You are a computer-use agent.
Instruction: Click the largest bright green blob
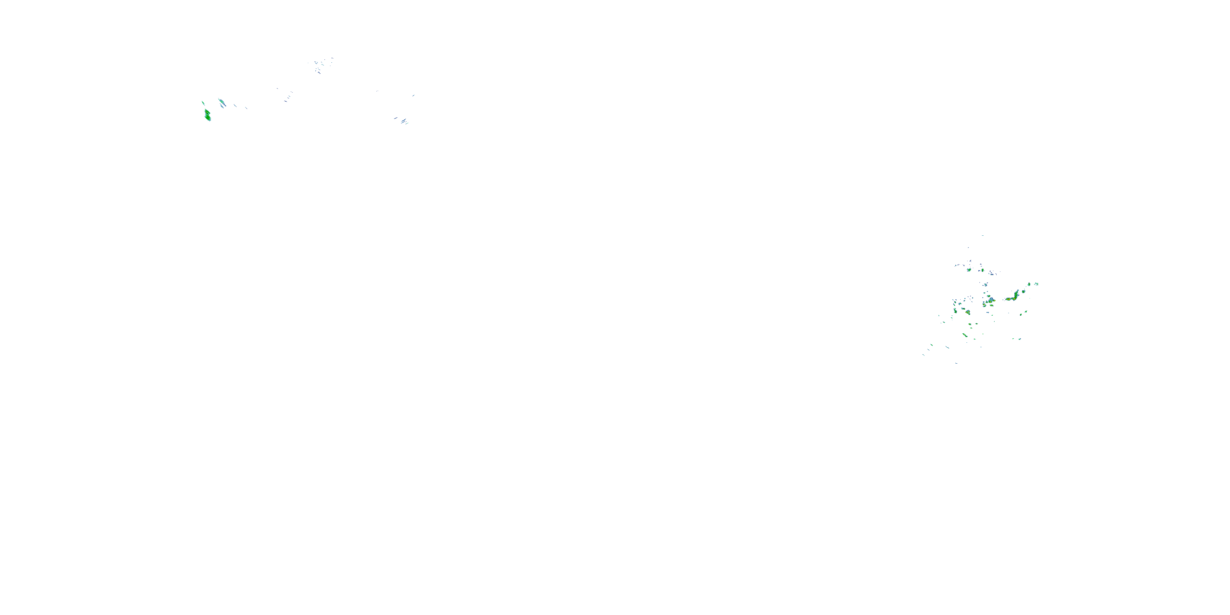pos(207,115)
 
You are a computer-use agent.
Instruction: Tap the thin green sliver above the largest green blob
pos(203,102)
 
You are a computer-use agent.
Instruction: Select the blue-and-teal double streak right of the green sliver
pos(221,102)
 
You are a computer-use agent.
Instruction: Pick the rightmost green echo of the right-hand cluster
pos(1036,284)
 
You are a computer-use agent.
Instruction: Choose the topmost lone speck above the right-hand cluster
pos(983,235)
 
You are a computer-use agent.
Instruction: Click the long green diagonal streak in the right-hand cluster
pos(964,336)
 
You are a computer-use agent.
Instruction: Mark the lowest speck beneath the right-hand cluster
pos(956,363)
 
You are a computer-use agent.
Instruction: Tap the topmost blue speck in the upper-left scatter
pos(331,59)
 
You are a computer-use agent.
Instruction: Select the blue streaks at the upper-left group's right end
pos(403,121)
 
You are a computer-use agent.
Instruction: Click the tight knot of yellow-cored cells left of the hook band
pos(989,301)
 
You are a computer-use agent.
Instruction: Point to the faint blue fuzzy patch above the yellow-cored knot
pos(984,285)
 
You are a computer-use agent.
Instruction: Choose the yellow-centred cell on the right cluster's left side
pos(967,313)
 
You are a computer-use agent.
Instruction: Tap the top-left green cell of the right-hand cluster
pos(969,270)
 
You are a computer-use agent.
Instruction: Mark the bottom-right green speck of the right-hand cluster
pos(1019,339)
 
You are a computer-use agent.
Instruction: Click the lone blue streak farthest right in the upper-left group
pos(414,96)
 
